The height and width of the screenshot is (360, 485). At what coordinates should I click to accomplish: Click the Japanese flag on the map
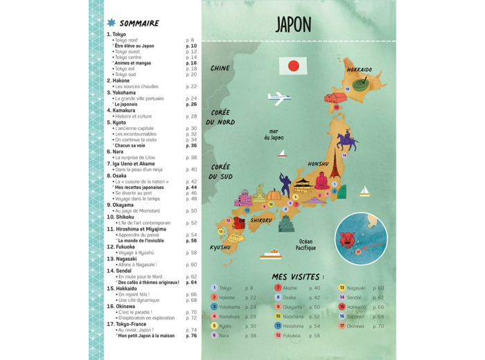(x=293, y=66)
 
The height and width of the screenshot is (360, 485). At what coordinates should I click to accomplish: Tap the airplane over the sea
(x=278, y=96)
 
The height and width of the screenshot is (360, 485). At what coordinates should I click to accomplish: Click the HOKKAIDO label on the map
(x=360, y=70)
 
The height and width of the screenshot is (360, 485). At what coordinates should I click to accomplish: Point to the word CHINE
(x=220, y=69)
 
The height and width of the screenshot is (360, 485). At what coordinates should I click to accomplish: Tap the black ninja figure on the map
(x=285, y=185)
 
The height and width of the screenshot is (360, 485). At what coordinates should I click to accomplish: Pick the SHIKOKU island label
(x=262, y=220)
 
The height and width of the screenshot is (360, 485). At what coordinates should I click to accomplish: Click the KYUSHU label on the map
(x=220, y=247)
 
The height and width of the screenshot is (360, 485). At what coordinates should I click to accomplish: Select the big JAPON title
(x=293, y=25)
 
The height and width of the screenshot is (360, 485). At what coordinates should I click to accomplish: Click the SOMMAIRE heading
(x=139, y=23)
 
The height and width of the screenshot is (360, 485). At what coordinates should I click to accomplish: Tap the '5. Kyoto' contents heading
(x=116, y=123)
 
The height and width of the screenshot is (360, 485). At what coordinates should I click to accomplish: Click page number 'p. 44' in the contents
(x=191, y=188)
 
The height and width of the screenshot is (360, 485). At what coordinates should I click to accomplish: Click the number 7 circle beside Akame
(x=278, y=288)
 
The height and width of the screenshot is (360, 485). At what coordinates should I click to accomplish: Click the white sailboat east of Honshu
(x=364, y=190)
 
